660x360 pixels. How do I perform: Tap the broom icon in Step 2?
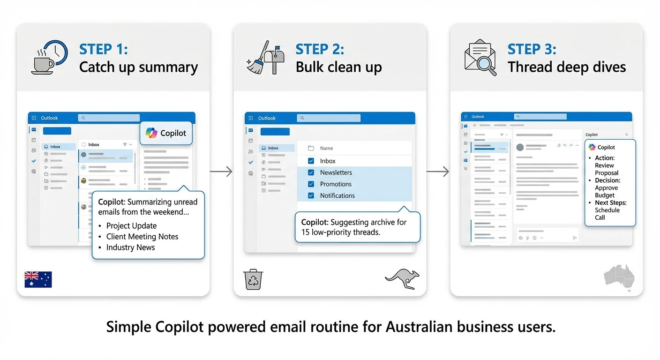coord(256,60)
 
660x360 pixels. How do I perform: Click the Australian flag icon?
coord(38,279)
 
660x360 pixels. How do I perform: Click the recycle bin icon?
coord(253,279)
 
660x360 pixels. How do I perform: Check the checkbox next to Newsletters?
coord(311,172)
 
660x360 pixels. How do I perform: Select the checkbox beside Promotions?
coord(311,184)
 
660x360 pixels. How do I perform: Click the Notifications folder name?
coord(337,196)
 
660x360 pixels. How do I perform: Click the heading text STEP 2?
coord(320,49)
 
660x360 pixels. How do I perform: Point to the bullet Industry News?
coord(130,247)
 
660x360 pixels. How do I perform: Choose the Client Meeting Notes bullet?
coord(142,237)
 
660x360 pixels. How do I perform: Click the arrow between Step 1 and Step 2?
coord(221,172)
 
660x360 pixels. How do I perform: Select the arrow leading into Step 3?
coord(437,172)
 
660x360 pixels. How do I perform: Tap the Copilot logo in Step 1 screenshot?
coord(151,133)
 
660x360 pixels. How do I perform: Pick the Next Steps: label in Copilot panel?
coord(610,203)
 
